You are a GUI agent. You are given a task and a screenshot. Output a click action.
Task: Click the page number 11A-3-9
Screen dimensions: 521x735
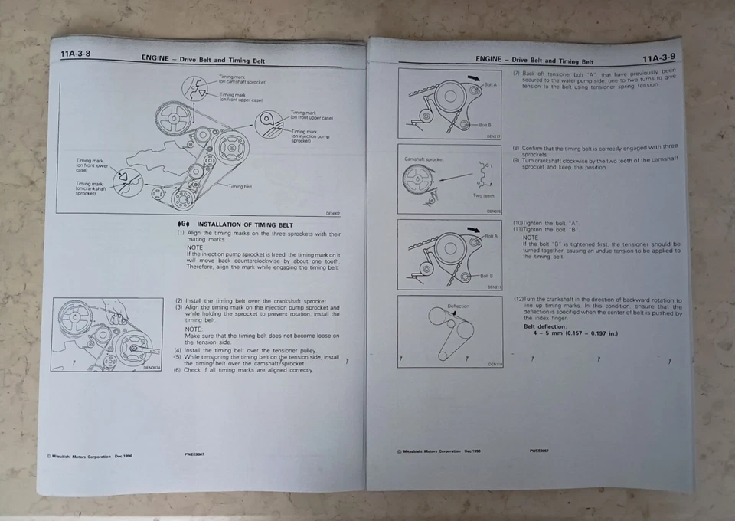point(658,57)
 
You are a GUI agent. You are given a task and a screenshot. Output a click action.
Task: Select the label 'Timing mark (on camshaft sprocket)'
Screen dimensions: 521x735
point(242,79)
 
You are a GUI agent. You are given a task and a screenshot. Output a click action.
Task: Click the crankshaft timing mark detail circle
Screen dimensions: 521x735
point(126,181)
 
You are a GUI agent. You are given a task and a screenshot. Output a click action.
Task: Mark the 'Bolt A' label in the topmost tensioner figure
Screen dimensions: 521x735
point(490,84)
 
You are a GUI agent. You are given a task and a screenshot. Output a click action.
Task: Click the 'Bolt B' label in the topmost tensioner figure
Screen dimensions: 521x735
point(485,124)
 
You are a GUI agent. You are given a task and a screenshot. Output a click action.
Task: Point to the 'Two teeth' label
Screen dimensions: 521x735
point(483,195)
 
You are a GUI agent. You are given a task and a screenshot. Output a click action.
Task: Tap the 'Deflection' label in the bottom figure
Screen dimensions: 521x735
point(458,306)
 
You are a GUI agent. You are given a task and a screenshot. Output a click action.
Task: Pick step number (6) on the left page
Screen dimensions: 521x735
point(177,370)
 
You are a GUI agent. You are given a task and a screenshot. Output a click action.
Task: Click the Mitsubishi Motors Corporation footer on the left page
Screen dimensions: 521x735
point(88,456)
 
